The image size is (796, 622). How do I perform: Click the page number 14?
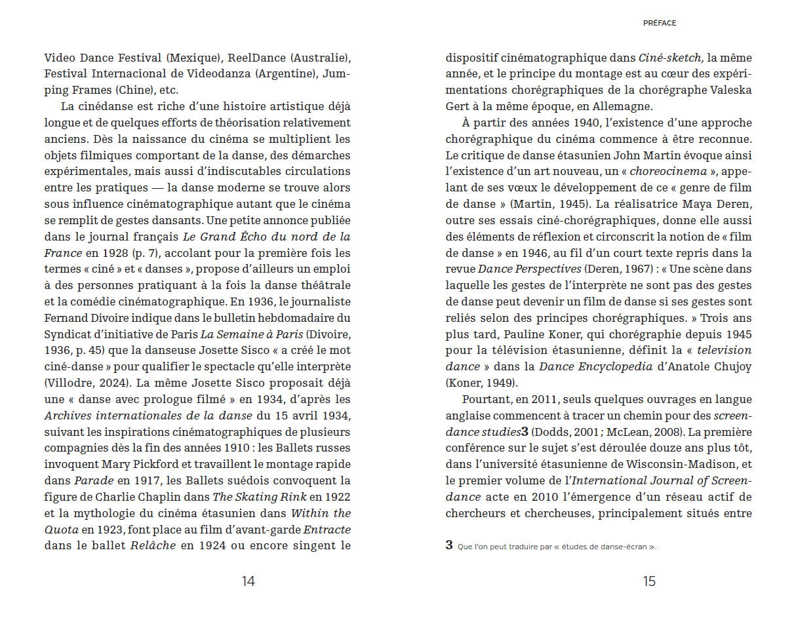[248, 581]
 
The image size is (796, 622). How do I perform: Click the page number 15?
[648, 581]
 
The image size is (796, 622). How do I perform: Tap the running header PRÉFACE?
[660, 23]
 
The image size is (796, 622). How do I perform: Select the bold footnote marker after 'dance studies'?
[525, 432]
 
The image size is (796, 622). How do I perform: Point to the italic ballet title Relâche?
[153, 546]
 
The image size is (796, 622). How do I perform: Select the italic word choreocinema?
[674, 172]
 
